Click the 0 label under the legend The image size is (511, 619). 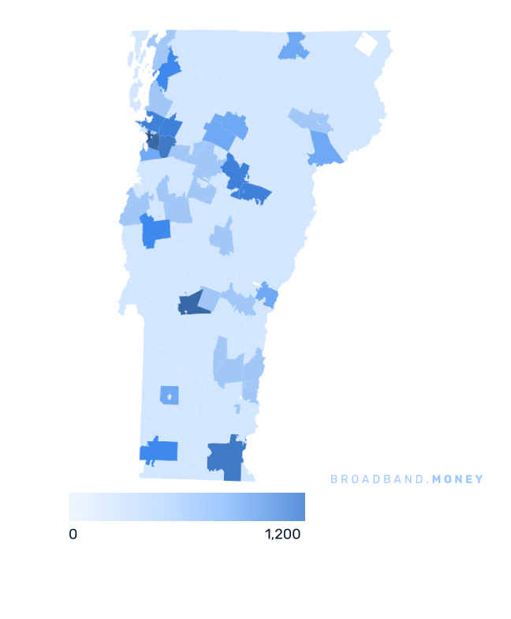pos(73,535)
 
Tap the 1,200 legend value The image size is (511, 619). pos(283,535)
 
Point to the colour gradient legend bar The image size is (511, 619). pos(186,507)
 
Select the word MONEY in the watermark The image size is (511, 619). pos(458,479)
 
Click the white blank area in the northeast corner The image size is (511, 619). pos(366,44)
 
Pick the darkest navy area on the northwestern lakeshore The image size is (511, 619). pos(154,142)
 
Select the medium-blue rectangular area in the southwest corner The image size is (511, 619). pos(159,452)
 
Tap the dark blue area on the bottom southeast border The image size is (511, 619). pos(225,459)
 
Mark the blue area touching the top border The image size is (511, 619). pos(293,47)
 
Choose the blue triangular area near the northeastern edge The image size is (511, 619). pos(324,148)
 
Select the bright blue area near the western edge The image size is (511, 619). pos(155,231)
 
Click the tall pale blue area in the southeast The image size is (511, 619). pos(228,362)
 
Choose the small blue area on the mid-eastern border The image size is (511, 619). pos(267,296)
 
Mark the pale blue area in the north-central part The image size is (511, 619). pos(226,130)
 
